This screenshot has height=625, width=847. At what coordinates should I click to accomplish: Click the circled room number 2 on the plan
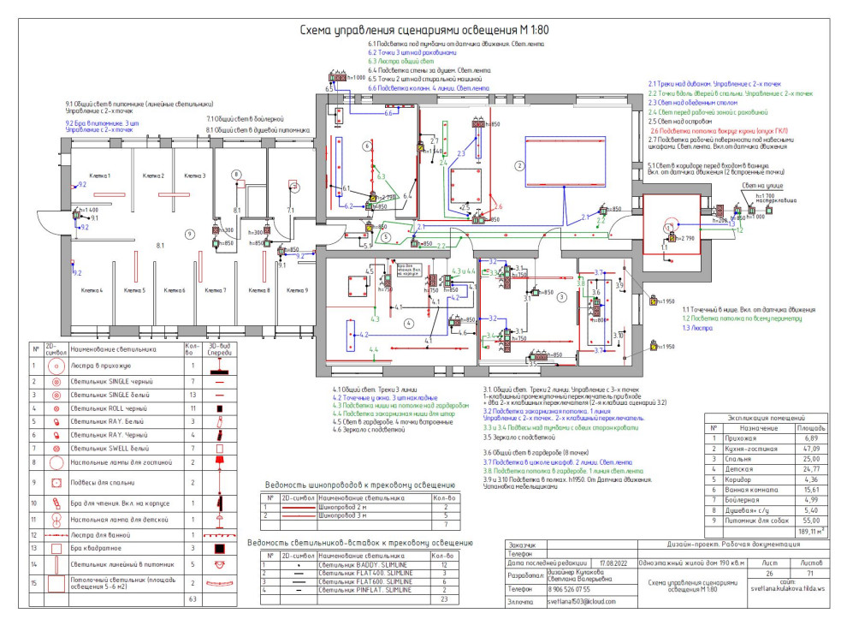(x=518, y=165)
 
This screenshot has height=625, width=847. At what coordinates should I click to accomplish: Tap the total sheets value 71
(x=812, y=574)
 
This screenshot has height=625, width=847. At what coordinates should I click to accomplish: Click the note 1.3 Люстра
(x=674, y=328)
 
